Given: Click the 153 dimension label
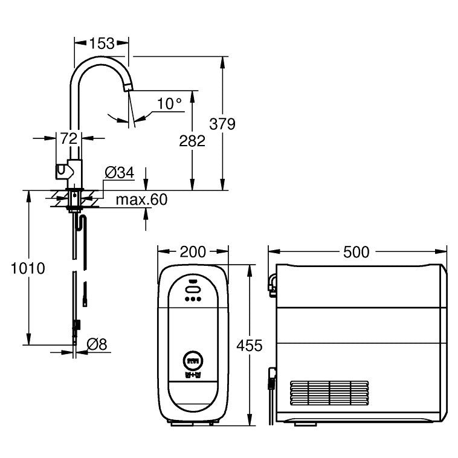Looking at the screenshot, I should pos(101,43).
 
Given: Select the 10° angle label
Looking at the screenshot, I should pos(169,103).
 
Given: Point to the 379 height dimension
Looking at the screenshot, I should pos(222,124).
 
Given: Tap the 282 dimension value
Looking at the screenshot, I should pos(193,141).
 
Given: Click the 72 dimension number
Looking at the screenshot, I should pos(69,138).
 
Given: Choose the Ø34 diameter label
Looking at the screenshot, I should pos(119,173).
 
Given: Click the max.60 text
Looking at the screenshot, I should pos(141,199).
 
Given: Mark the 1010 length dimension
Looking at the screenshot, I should pos(28,268).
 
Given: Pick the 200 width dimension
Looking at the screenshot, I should pos(193,251).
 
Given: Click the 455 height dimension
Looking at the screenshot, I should pos(250,345).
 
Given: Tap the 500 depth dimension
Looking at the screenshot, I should pos(356,251).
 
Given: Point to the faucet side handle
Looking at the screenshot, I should pos(61,172).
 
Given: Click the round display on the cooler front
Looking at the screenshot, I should pos(193,361).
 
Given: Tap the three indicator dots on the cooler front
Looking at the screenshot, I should pos(193,298).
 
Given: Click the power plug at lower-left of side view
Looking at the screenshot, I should pos(272,379).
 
